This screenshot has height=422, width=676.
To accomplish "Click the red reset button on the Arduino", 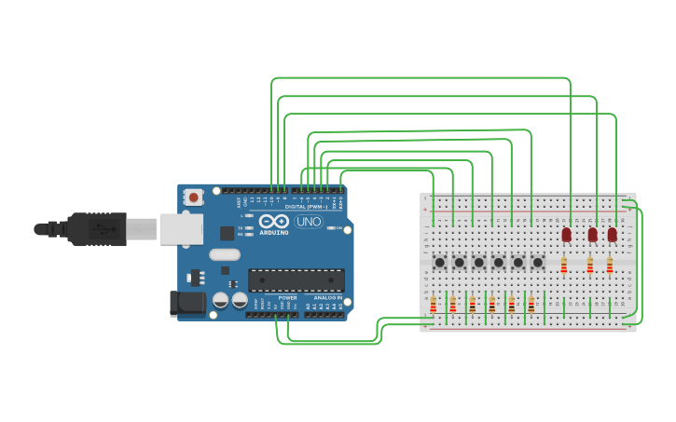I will [193, 197].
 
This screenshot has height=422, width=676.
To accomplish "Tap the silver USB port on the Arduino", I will [180, 229].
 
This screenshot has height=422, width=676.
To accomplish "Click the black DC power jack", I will [187, 303].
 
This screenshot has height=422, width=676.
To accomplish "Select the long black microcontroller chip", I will [296, 279].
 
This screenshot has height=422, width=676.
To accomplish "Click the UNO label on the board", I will [309, 222].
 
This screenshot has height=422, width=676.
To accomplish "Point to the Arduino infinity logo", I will [274, 222].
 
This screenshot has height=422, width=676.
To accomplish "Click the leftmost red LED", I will [566, 234].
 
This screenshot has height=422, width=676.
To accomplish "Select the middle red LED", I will [592, 234].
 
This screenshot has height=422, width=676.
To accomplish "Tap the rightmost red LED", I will [612, 234].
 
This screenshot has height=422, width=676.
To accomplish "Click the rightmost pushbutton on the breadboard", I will [537, 263].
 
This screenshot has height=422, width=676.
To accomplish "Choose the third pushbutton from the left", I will [478, 263].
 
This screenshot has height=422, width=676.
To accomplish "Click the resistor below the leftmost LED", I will [564, 266].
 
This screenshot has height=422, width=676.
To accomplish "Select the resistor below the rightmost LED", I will [610, 266].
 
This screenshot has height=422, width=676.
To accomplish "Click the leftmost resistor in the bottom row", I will [434, 305].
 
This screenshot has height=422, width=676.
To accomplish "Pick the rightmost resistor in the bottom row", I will [531, 305].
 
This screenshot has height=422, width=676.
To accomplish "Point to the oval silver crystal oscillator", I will [225, 254].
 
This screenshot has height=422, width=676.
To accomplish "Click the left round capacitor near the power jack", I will [220, 299].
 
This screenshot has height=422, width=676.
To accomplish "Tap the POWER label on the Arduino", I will [287, 298].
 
